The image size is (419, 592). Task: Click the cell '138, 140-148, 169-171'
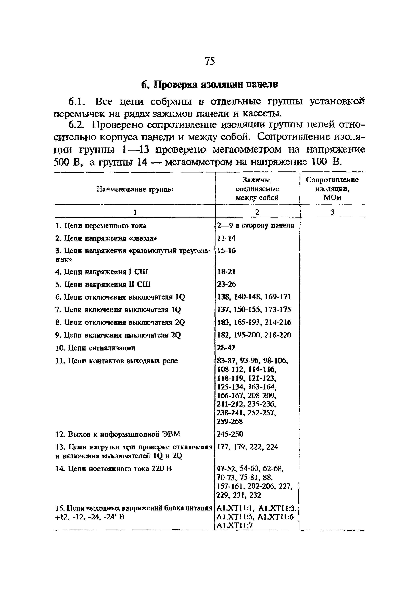click(254, 297)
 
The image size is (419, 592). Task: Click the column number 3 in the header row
click(332, 212)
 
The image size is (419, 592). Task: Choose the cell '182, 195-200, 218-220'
click(254, 335)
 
